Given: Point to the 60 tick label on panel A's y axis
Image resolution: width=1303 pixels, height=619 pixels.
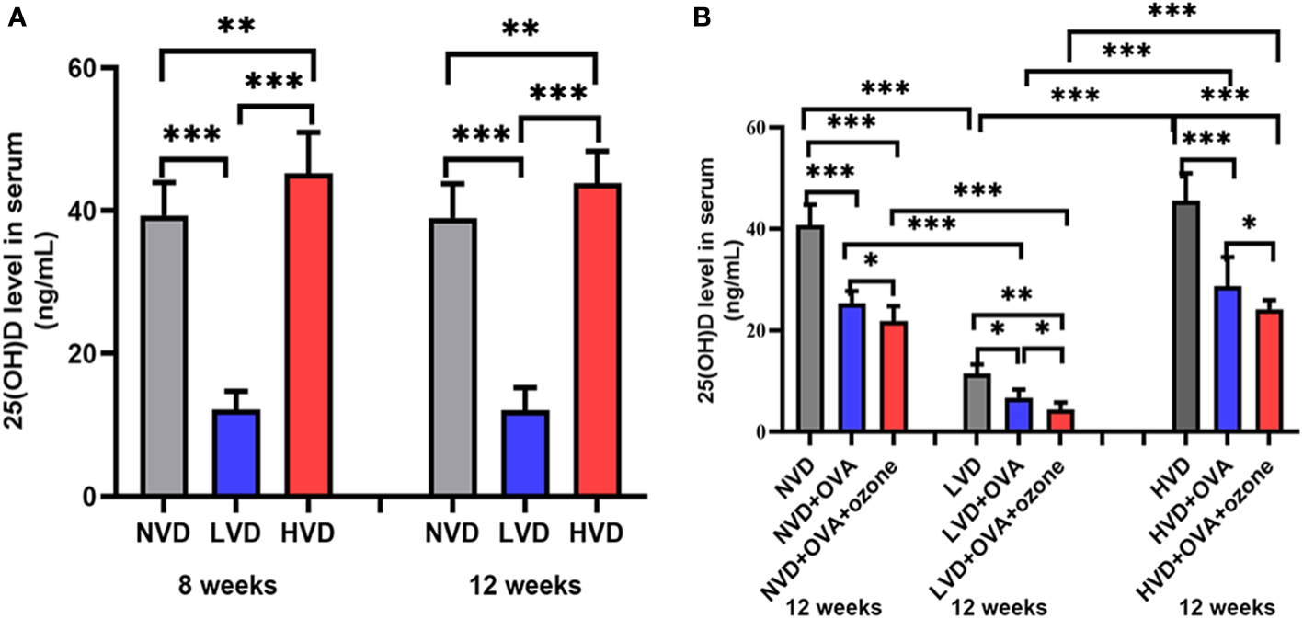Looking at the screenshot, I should tap(89, 68).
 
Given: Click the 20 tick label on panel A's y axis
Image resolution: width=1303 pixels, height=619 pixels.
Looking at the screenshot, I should tap(89, 354).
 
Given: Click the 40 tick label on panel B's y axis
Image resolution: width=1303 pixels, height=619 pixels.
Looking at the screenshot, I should tap(751, 228).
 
